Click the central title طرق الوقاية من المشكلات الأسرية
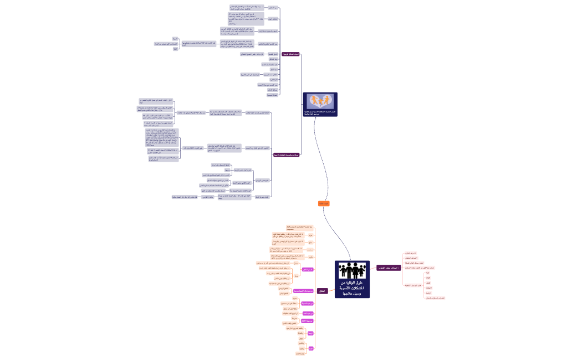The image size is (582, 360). pos(352,288)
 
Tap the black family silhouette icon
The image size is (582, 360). pos(352,270)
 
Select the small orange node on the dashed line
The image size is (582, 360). pos(324,204)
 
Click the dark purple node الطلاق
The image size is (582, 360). pos(321,291)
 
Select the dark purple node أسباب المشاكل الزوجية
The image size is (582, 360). pos(290,54)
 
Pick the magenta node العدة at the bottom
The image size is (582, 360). pos(310,348)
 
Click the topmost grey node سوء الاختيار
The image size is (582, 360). pos(273,8)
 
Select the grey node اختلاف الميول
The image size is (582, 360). pos(273,19)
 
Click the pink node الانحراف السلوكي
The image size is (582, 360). pos(411,259)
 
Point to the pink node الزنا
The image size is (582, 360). pos(427,273)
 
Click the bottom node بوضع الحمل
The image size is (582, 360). pos(301,353)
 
